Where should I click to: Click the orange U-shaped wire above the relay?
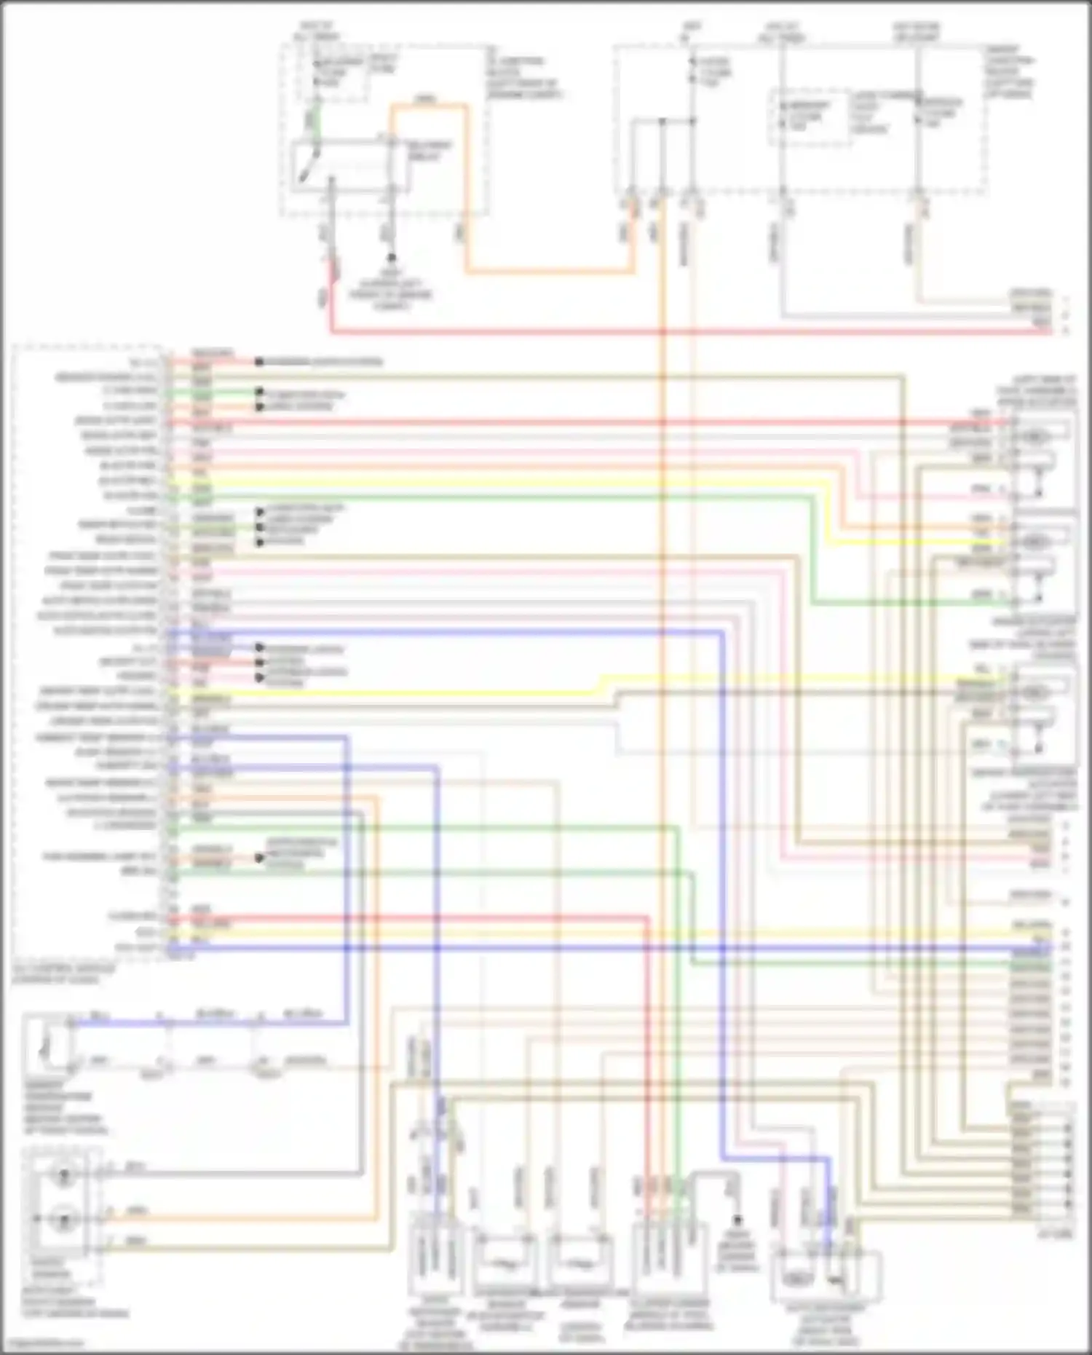pos(428,106)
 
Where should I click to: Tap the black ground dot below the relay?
pos(391,258)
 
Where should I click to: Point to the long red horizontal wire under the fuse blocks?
pos(655,333)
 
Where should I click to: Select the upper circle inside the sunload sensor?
pos(64,1174)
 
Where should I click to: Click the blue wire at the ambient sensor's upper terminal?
pos(116,1023)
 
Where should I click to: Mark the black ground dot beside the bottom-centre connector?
pos(737,1220)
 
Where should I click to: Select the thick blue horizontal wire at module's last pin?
pos(582,949)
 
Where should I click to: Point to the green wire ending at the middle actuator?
pos(910,604)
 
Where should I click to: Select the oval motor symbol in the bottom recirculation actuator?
pos(799,1279)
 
